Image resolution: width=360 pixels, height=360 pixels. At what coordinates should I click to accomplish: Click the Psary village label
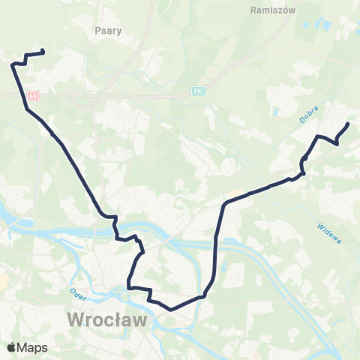[109, 31]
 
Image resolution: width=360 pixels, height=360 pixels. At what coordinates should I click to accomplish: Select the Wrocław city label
[106, 320]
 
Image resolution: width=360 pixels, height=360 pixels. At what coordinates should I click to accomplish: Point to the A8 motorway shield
[32, 96]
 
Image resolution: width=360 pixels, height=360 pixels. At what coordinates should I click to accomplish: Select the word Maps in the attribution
[34, 347]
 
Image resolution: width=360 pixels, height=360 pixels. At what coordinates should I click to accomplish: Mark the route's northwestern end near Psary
[42, 52]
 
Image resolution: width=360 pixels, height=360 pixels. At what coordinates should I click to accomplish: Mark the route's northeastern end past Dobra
[348, 124]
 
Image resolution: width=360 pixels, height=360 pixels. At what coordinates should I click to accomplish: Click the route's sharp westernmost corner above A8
[13, 65]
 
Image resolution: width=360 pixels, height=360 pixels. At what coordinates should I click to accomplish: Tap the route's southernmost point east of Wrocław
[172, 308]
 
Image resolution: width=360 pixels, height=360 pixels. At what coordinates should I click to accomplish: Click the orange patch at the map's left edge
[2, 280]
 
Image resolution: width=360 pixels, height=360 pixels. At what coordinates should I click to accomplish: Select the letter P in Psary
[98, 31]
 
